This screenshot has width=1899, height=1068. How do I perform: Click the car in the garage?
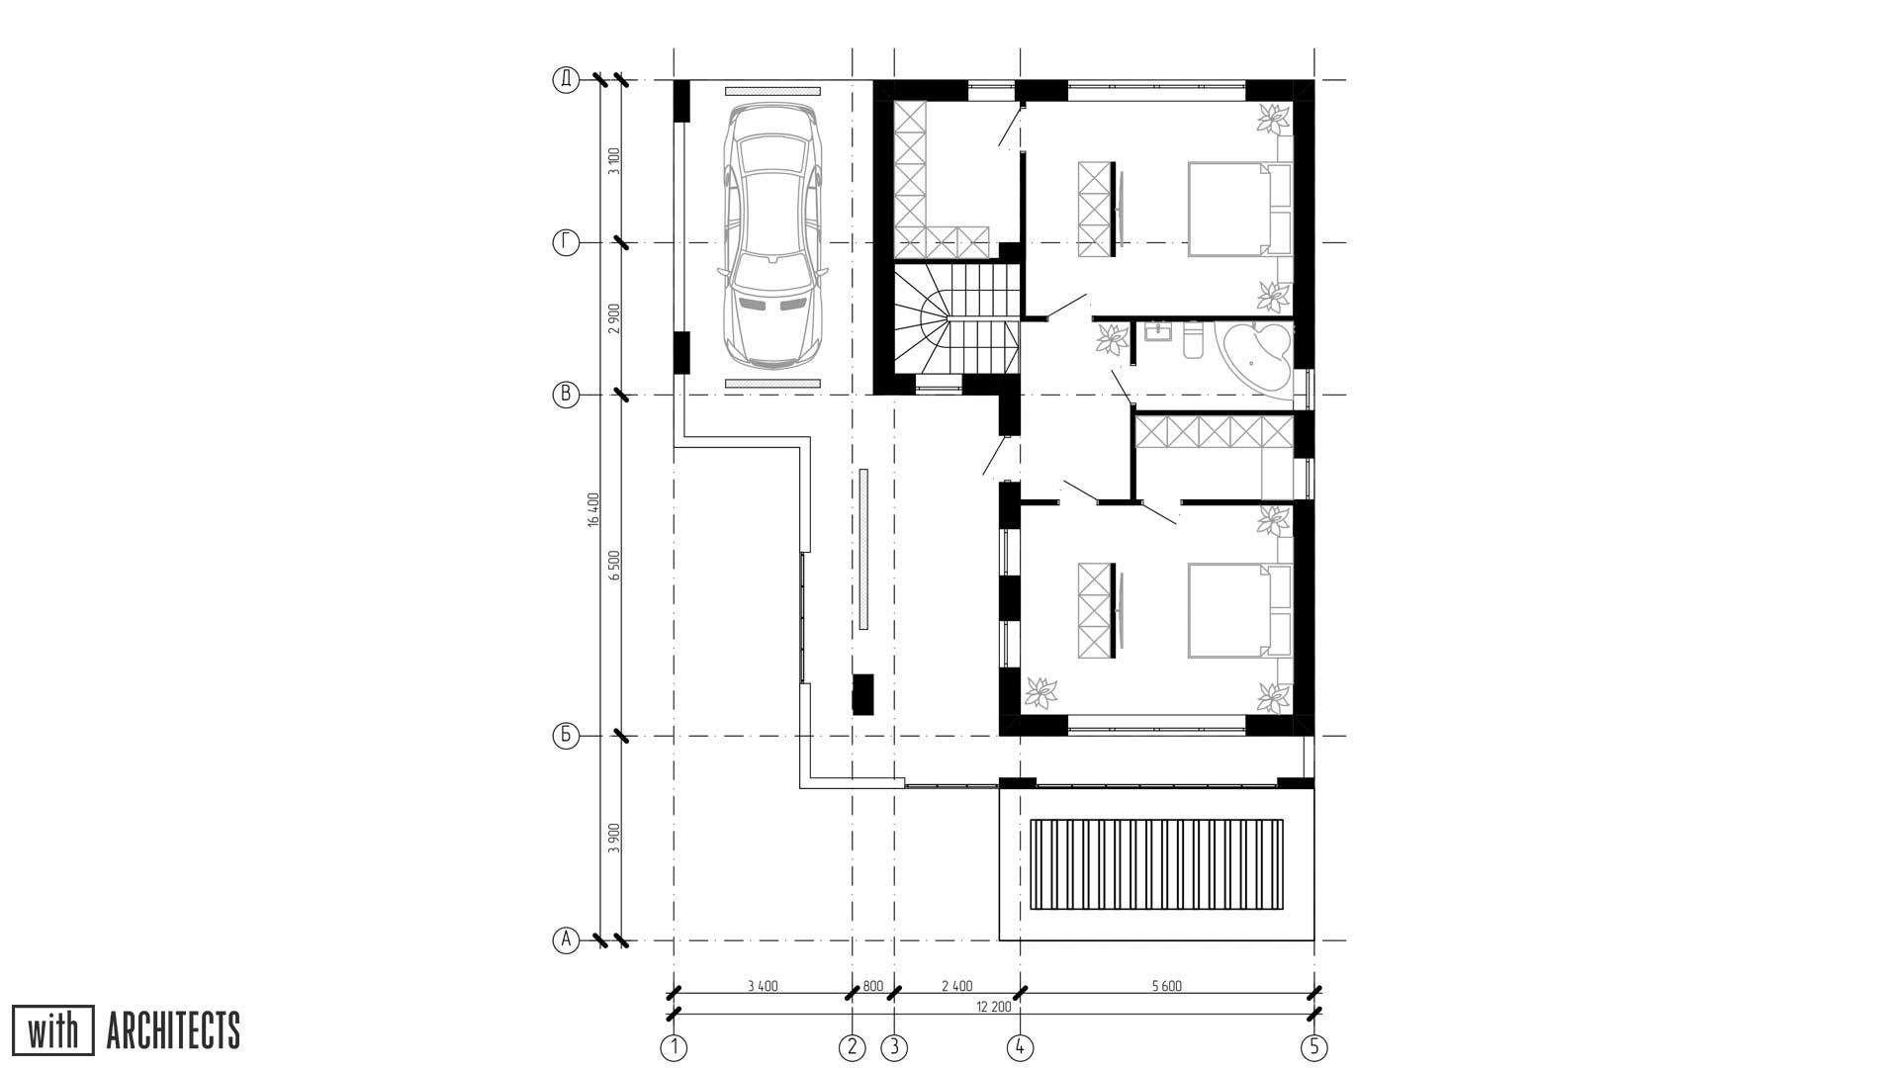coord(772,236)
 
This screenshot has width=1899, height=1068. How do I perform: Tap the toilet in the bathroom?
coord(1192,339)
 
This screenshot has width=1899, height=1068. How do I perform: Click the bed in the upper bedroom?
coord(1239,210)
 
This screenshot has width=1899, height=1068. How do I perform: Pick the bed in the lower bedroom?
coord(1239,610)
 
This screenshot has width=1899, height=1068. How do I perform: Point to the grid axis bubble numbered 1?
coord(674,1046)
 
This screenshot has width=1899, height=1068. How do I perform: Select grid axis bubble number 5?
coord(1313,1046)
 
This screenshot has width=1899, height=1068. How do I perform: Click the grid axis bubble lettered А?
coord(565,939)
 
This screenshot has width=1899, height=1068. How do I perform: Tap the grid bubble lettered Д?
coord(565,80)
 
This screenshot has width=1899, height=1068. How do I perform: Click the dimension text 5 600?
coord(1167,985)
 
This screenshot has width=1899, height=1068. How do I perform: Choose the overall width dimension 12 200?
coord(994,1007)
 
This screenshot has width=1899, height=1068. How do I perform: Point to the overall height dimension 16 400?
coord(593,509)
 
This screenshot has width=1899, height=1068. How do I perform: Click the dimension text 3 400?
coord(763,985)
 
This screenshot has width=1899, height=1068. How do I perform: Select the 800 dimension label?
coord(873,985)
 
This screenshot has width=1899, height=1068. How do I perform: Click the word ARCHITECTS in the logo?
coord(173,1030)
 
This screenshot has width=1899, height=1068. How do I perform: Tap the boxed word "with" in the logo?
coord(53,1030)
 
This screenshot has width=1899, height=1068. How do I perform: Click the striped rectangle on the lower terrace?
coord(1157,864)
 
